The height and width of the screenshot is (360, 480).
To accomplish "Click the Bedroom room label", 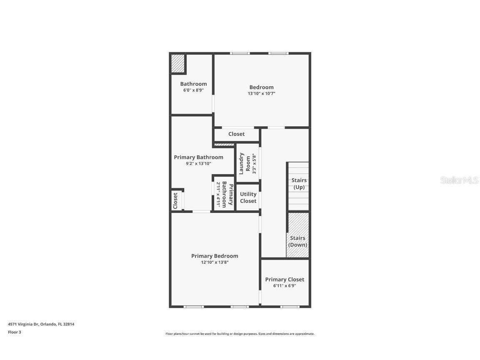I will coord(261,87).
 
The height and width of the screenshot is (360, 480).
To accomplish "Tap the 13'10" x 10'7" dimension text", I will coord(261,94).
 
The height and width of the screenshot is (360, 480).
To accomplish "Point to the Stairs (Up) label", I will coord(299,184).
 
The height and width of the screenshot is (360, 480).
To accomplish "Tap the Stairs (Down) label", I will coord(297,241).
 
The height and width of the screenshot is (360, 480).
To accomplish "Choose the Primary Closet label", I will coord(285,279).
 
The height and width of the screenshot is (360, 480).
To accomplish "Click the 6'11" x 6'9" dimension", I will coord(285,286).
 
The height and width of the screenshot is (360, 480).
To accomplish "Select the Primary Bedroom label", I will coord(215,256).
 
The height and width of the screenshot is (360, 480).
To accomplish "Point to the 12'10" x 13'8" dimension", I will coord(215,262).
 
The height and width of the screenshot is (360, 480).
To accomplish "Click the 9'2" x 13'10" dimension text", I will coord(198,164).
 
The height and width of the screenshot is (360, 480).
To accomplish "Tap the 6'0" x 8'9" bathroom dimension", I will coord(193,90).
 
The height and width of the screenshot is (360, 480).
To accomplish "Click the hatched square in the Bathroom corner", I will coord(178,63).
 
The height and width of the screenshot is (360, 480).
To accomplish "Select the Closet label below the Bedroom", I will coord(236,134).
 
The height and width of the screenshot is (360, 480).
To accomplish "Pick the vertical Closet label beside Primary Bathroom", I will coord(175,200).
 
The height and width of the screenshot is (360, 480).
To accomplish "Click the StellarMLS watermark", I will coord(459,180).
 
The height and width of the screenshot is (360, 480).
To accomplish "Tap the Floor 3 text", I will coord(14,332).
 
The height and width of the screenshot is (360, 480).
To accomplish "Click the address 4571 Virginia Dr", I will coord(41,324).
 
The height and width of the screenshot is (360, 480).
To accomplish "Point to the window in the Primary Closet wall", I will coord(290,307).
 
